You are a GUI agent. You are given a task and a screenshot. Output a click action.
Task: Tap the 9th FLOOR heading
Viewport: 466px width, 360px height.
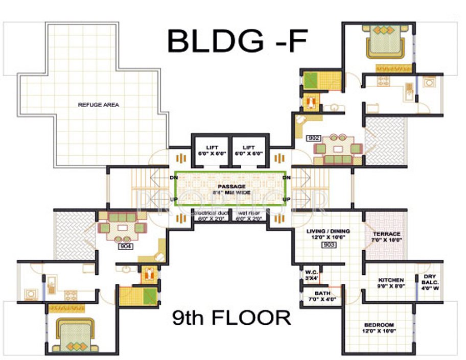coord(232,318)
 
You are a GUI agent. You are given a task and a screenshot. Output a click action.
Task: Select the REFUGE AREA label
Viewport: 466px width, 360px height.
coord(98,105)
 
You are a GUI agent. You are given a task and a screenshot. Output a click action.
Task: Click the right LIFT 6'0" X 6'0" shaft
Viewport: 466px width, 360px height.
coord(249,150)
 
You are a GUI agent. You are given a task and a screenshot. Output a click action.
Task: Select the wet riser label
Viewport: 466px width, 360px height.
coord(249,215)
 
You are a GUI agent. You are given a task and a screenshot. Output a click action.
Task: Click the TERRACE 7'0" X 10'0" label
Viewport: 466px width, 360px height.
coord(386,236)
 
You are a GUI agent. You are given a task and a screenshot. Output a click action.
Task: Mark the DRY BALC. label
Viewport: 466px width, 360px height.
coord(430,282)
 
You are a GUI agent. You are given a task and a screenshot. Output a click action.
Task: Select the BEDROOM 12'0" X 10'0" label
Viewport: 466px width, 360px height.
coord(379,327)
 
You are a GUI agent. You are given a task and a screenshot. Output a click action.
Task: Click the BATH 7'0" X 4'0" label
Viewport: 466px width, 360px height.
coord(322,296)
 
